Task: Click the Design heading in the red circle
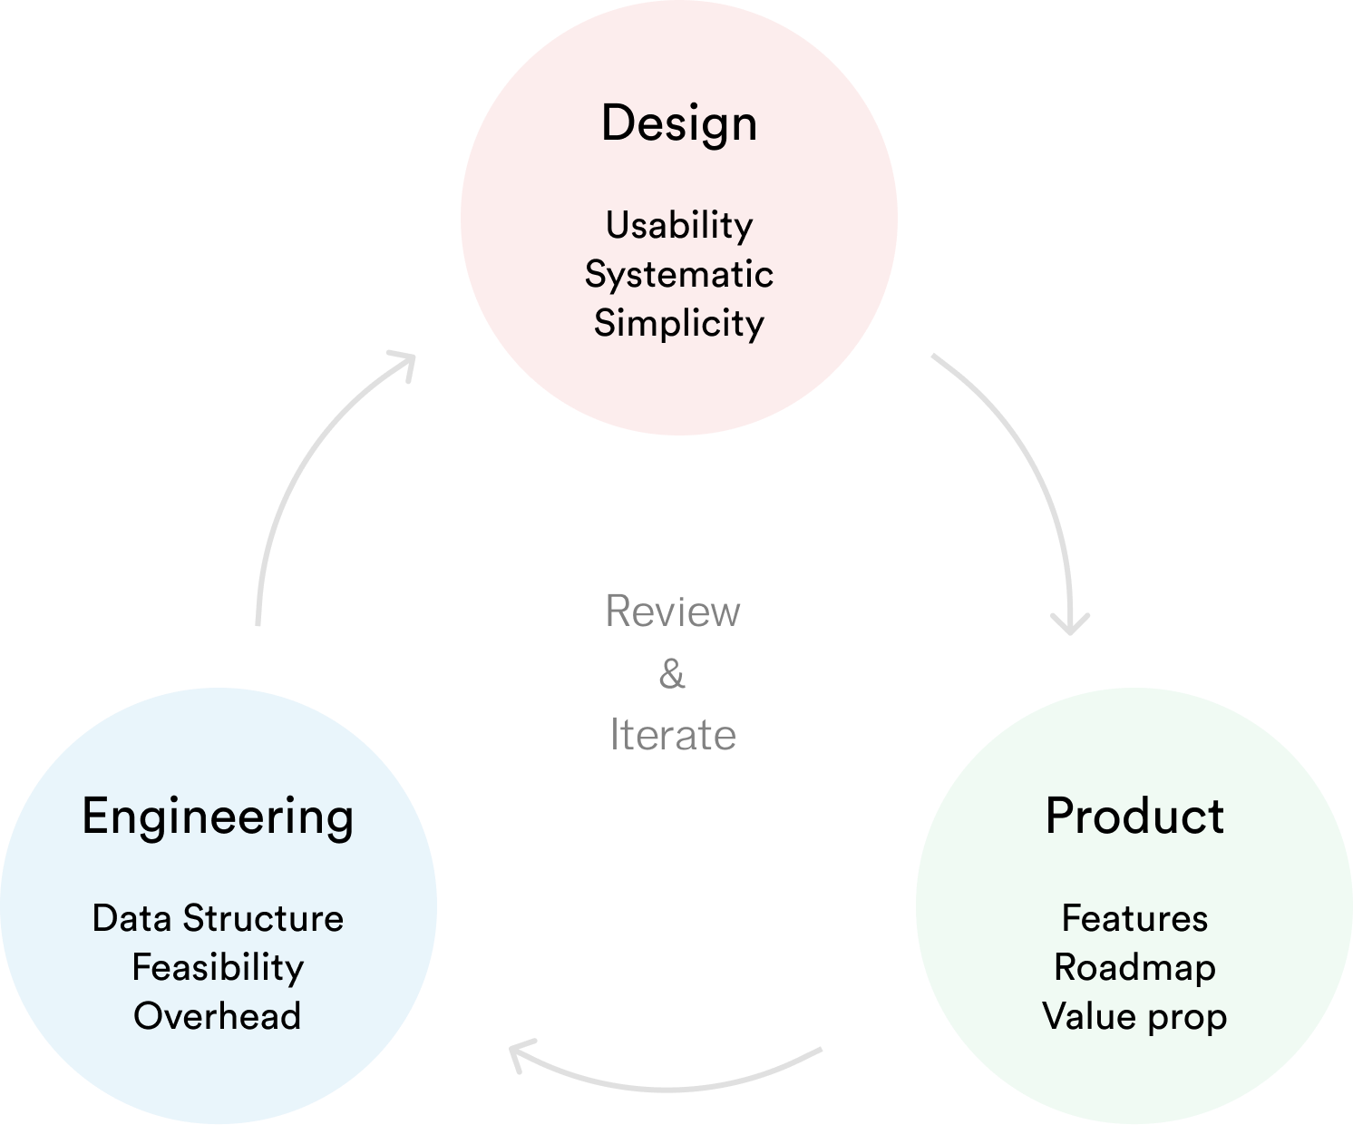(x=679, y=123)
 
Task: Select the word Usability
(x=679, y=226)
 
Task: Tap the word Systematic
(x=679, y=274)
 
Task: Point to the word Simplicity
(x=679, y=324)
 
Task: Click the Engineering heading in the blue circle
(x=218, y=817)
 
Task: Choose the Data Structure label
(x=218, y=918)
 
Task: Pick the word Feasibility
(x=218, y=968)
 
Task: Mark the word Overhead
(x=218, y=1016)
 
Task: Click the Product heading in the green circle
(x=1134, y=816)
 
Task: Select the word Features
(x=1134, y=918)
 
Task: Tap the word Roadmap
(x=1134, y=968)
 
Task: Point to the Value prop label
(x=1134, y=1017)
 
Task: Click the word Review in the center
(x=673, y=611)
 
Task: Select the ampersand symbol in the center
(x=672, y=674)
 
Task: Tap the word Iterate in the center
(x=673, y=735)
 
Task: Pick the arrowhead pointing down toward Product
(x=1070, y=624)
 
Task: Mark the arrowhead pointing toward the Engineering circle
(x=520, y=1054)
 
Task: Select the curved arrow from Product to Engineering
(x=671, y=1087)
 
